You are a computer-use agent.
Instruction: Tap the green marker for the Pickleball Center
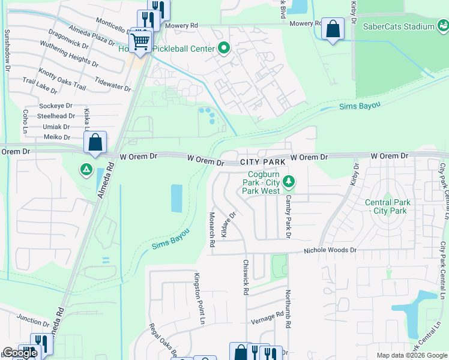224,48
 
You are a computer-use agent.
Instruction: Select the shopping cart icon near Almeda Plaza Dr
140,42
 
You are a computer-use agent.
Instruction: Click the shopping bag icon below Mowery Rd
333,29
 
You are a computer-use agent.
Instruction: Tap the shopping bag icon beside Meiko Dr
95,143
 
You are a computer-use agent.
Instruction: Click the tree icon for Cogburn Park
289,181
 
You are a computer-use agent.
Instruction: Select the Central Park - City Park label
388,206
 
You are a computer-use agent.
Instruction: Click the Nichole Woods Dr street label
330,250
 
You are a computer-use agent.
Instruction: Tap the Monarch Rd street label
212,229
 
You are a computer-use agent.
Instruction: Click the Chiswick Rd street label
246,277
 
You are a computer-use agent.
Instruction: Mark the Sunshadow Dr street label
8,51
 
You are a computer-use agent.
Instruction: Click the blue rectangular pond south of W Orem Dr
176,198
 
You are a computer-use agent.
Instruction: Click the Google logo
20,353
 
